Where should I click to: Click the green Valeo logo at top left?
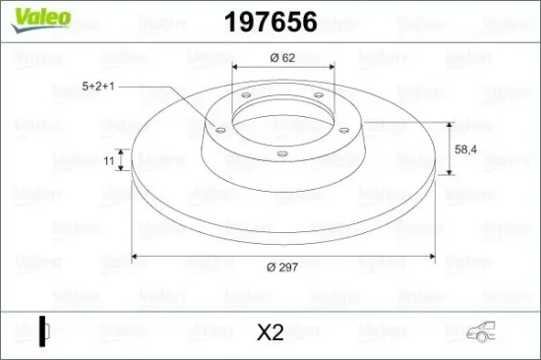tap(41, 20)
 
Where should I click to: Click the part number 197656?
tap(270, 22)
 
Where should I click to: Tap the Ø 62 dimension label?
tap(282, 58)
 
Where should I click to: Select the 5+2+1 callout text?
tap(98, 86)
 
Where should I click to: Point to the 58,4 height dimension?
tap(465, 150)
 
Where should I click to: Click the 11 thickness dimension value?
tap(108, 160)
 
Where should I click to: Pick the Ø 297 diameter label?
tap(282, 268)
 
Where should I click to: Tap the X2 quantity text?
tap(270, 332)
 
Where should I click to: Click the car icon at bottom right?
tap(481, 331)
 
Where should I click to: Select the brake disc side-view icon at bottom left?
tap(44, 331)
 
